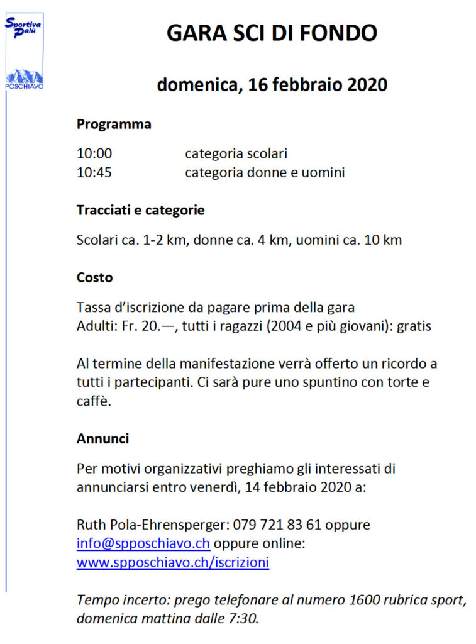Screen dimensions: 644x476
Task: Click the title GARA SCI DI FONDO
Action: point(272,33)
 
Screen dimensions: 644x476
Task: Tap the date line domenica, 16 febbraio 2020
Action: point(272,84)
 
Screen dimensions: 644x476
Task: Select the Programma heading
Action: point(114,125)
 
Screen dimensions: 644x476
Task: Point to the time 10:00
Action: point(94,153)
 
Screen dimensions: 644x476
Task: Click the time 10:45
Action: point(94,172)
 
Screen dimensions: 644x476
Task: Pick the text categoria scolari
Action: point(236,153)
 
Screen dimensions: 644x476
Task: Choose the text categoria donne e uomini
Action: point(264,172)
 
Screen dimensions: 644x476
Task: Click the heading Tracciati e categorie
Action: point(140,211)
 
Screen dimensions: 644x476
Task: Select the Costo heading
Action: point(94,277)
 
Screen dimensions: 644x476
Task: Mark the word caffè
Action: point(94,401)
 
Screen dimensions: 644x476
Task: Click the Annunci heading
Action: point(102,438)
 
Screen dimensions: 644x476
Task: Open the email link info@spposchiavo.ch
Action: point(143,543)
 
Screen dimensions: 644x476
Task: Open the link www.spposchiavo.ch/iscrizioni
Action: point(173,562)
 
